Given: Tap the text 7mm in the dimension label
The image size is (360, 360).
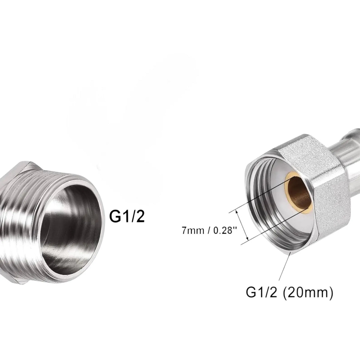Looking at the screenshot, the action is pos(193,230).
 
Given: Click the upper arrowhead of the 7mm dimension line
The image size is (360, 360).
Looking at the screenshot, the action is pos(237,212).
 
